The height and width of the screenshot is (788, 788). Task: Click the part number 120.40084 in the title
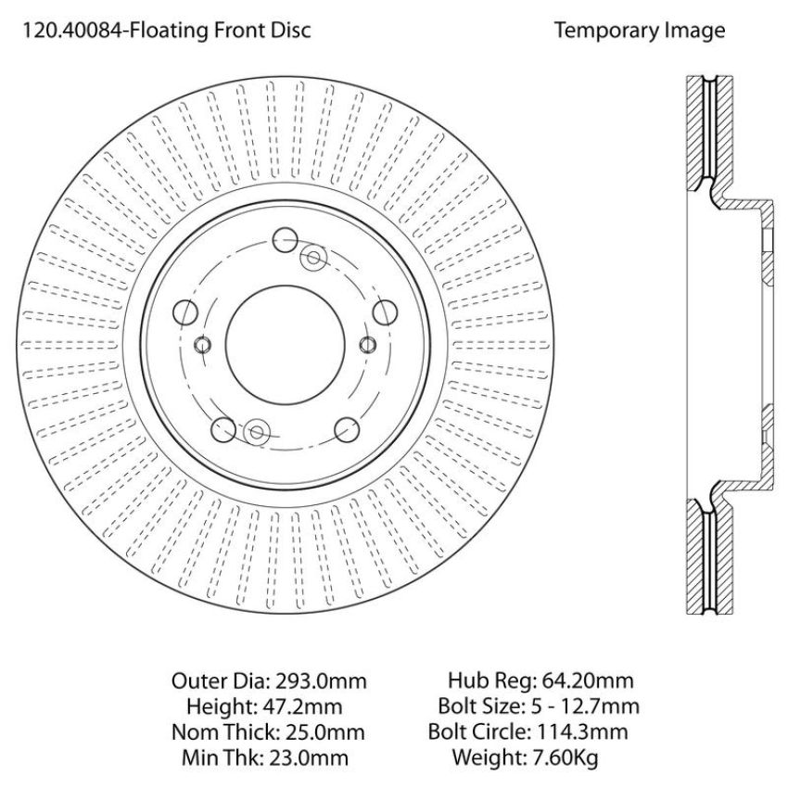[73, 31]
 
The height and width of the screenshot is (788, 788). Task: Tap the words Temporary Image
[640, 31]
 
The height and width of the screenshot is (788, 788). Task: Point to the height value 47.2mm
[302, 706]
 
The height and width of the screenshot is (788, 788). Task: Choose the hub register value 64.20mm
[586, 681]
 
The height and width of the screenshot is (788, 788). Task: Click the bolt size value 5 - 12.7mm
[585, 706]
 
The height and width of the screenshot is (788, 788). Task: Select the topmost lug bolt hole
[285, 240]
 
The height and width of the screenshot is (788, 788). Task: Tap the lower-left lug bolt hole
[223, 429]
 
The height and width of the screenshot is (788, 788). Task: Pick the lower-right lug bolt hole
[348, 428]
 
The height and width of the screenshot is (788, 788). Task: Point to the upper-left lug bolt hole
[184, 312]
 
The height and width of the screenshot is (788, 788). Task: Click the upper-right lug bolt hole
[385, 311]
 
